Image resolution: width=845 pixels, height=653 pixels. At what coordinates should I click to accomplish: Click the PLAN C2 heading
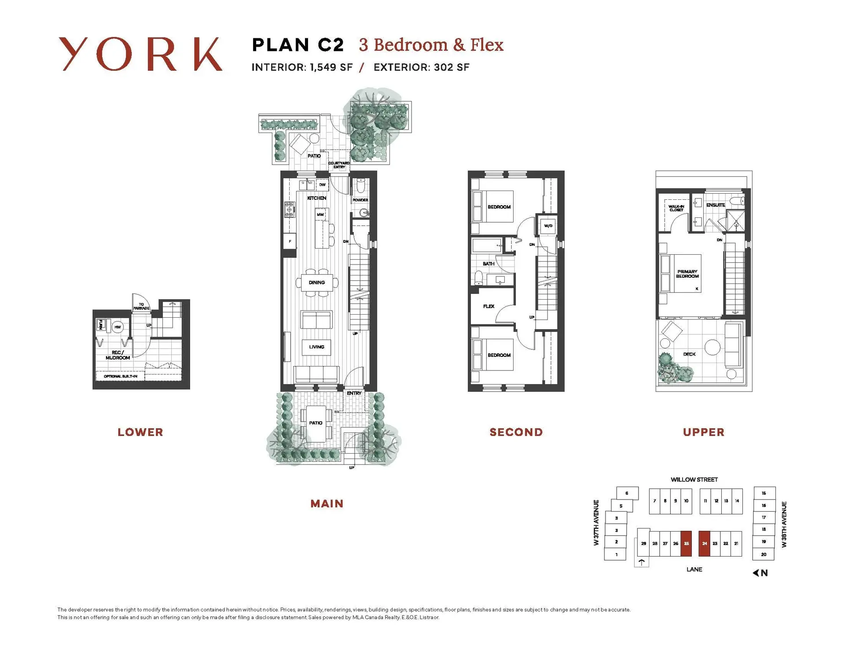pyautogui.click(x=298, y=45)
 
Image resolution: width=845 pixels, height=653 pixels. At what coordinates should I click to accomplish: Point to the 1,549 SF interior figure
pyautogui.click(x=331, y=67)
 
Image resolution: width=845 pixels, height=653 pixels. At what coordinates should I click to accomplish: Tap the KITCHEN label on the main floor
pyautogui.click(x=316, y=198)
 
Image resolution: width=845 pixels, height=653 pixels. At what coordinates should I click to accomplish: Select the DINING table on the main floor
pyautogui.click(x=317, y=282)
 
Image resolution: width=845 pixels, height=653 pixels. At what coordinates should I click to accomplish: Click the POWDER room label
pyautogui.click(x=360, y=200)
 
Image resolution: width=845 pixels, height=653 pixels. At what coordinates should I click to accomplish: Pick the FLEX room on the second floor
pyautogui.click(x=489, y=306)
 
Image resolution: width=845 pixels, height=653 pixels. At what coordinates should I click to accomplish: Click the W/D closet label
pyautogui.click(x=548, y=226)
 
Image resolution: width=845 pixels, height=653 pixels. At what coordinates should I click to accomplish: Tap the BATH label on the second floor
pyautogui.click(x=488, y=264)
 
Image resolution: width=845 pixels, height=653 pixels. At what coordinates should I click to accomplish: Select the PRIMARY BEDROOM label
pyautogui.click(x=687, y=274)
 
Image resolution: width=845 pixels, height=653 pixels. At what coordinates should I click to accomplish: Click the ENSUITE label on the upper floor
pyautogui.click(x=715, y=205)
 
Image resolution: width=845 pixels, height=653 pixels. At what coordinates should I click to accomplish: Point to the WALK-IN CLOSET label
pyautogui.click(x=676, y=208)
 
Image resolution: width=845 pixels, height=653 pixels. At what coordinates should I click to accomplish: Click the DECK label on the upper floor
pyautogui.click(x=689, y=354)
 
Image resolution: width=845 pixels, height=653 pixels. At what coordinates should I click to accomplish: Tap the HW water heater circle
pyautogui.click(x=118, y=327)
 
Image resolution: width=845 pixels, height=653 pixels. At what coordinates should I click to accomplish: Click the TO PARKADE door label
pyautogui.click(x=141, y=306)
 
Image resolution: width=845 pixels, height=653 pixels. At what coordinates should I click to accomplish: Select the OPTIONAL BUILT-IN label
pyautogui.click(x=121, y=376)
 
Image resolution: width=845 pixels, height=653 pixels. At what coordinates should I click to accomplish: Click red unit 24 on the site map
pyautogui.click(x=704, y=543)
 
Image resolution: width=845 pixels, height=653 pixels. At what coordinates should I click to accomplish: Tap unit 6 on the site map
pyautogui.click(x=627, y=493)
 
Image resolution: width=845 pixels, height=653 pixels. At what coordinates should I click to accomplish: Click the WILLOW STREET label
pyautogui.click(x=694, y=479)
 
